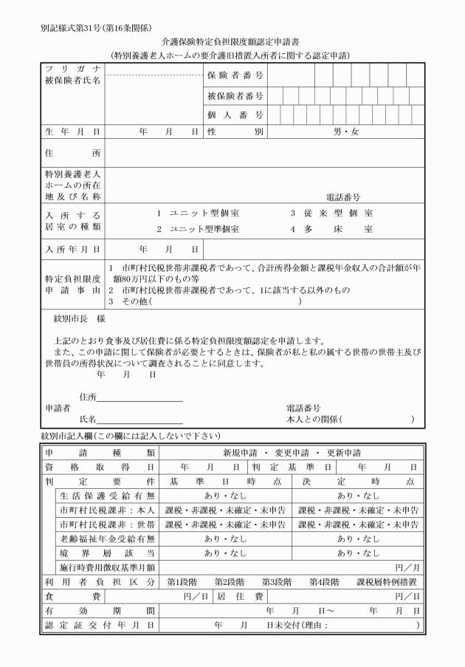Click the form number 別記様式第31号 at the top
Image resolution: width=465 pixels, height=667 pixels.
tap(70, 28)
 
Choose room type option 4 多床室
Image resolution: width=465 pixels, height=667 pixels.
tap(331, 229)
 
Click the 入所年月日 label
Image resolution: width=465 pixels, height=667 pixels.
tap(72, 250)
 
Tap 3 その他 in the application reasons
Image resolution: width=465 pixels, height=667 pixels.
tap(130, 301)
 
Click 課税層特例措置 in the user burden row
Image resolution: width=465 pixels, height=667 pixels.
tap(387, 581)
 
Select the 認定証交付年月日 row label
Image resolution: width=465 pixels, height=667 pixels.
tap(100, 625)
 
